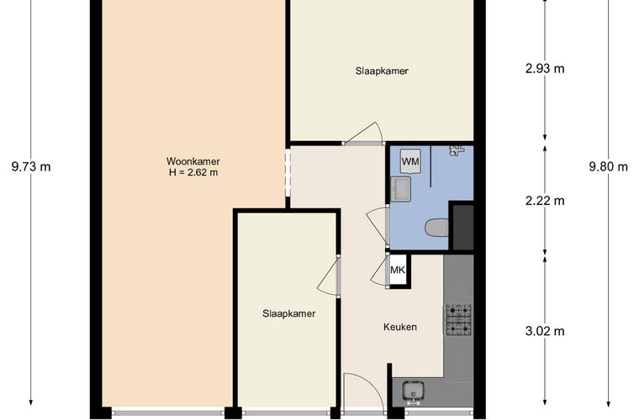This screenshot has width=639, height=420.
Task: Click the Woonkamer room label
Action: [x=193, y=161]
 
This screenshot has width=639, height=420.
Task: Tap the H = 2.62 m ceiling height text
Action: [x=193, y=172]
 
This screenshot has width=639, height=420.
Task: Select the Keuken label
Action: [x=400, y=327]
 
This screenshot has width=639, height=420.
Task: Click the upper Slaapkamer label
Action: [x=382, y=71]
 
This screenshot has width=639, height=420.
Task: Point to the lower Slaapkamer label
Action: [x=289, y=314]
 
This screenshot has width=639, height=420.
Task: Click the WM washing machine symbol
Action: [x=410, y=161]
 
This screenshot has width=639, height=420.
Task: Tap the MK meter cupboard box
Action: [x=398, y=270]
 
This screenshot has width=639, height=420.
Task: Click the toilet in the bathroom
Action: [x=437, y=228]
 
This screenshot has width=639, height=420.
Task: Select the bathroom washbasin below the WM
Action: [x=400, y=189]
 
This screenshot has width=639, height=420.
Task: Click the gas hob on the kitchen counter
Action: [x=459, y=320]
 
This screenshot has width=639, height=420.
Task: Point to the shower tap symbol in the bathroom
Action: [x=457, y=150]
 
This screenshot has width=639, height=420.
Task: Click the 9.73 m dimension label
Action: [x=31, y=166]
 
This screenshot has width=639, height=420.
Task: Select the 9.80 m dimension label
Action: [x=609, y=166]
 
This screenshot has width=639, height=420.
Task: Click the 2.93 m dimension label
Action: [x=545, y=68]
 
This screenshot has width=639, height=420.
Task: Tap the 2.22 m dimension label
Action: [x=545, y=201]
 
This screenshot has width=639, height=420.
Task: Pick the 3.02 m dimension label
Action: [x=545, y=331]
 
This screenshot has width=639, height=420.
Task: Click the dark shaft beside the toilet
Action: [x=463, y=228]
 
